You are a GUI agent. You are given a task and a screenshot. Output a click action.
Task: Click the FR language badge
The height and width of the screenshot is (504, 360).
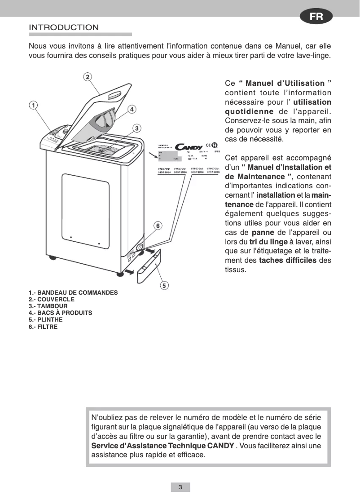pyautogui.click(x=316, y=17)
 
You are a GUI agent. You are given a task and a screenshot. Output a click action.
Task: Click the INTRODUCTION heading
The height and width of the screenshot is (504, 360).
pyautogui.click(x=64, y=28)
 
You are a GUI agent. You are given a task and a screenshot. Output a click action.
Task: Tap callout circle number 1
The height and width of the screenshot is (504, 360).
pyautogui.click(x=33, y=105)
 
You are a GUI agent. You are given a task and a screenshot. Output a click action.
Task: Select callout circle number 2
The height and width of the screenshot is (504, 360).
pyautogui.click(x=88, y=76)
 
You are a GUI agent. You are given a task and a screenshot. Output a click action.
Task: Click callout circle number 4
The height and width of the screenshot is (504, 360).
pyautogui.click(x=132, y=109)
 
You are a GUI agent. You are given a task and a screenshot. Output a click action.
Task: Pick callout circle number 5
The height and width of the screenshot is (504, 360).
pyautogui.click(x=165, y=285)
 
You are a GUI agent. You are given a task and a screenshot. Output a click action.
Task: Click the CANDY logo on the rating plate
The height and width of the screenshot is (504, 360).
pyautogui.click(x=188, y=147)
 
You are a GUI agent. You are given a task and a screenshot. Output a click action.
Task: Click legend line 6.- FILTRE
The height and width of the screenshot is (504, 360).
pyautogui.click(x=43, y=327)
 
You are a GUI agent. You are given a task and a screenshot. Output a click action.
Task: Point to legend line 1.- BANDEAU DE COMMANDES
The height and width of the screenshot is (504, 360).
pyautogui.click(x=73, y=292)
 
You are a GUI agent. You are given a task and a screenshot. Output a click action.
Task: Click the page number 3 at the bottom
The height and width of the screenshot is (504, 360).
pyautogui.click(x=180, y=487)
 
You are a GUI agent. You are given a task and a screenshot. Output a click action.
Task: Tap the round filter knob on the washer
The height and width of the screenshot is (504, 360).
pyautogui.click(x=140, y=248)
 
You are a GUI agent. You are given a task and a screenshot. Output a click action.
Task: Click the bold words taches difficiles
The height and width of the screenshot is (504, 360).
pyautogui.click(x=287, y=261)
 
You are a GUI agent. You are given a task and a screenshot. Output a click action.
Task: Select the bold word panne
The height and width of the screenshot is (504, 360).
pyautogui.click(x=263, y=233)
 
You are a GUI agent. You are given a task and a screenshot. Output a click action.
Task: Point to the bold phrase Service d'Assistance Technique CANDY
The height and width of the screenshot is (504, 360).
pyautogui.click(x=162, y=446)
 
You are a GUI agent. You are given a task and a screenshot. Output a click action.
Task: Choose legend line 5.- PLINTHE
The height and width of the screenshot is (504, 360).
pyautogui.click(x=46, y=320)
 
